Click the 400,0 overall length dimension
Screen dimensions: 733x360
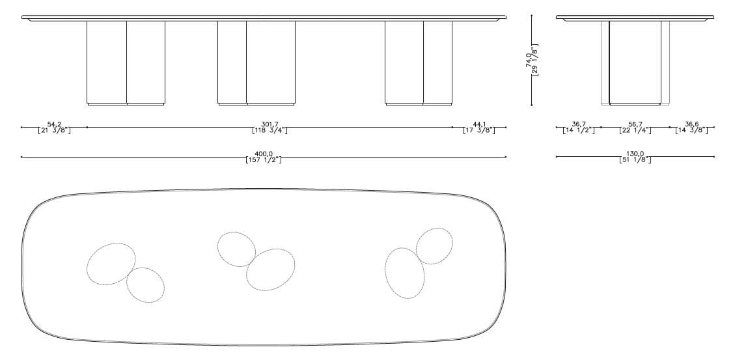click(x=263, y=154)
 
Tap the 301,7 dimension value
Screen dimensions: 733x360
click(x=270, y=124)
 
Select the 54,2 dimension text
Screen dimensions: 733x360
click(x=54, y=124)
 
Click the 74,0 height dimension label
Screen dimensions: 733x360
click(x=528, y=61)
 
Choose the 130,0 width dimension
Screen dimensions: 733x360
click(x=635, y=154)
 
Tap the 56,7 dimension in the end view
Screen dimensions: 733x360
click(x=635, y=124)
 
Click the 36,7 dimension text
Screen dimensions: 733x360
click(x=579, y=124)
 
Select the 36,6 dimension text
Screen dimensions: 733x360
click(x=692, y=124)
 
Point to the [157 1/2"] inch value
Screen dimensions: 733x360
click(x=264, y=160)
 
